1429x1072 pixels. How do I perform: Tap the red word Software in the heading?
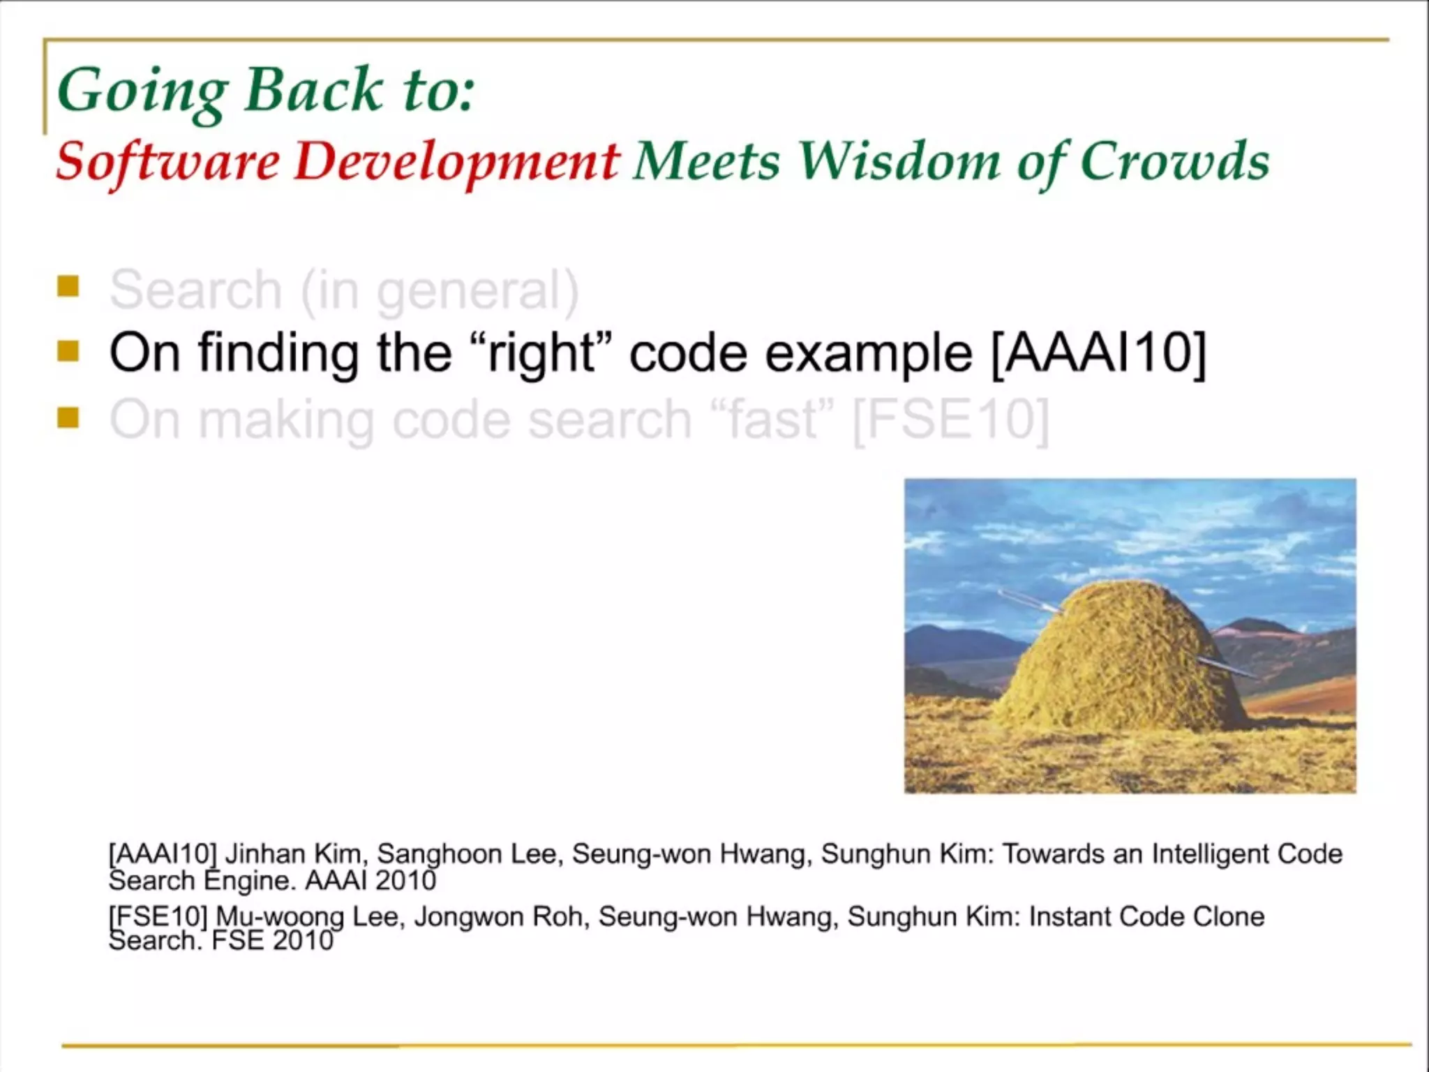167,162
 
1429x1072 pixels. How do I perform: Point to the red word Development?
456,162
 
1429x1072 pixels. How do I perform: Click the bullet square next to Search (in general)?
68,286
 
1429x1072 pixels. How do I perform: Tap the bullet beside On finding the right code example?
68,350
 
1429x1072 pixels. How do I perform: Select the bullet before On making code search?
68,417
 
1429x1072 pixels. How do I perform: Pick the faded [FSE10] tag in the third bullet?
950,421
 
